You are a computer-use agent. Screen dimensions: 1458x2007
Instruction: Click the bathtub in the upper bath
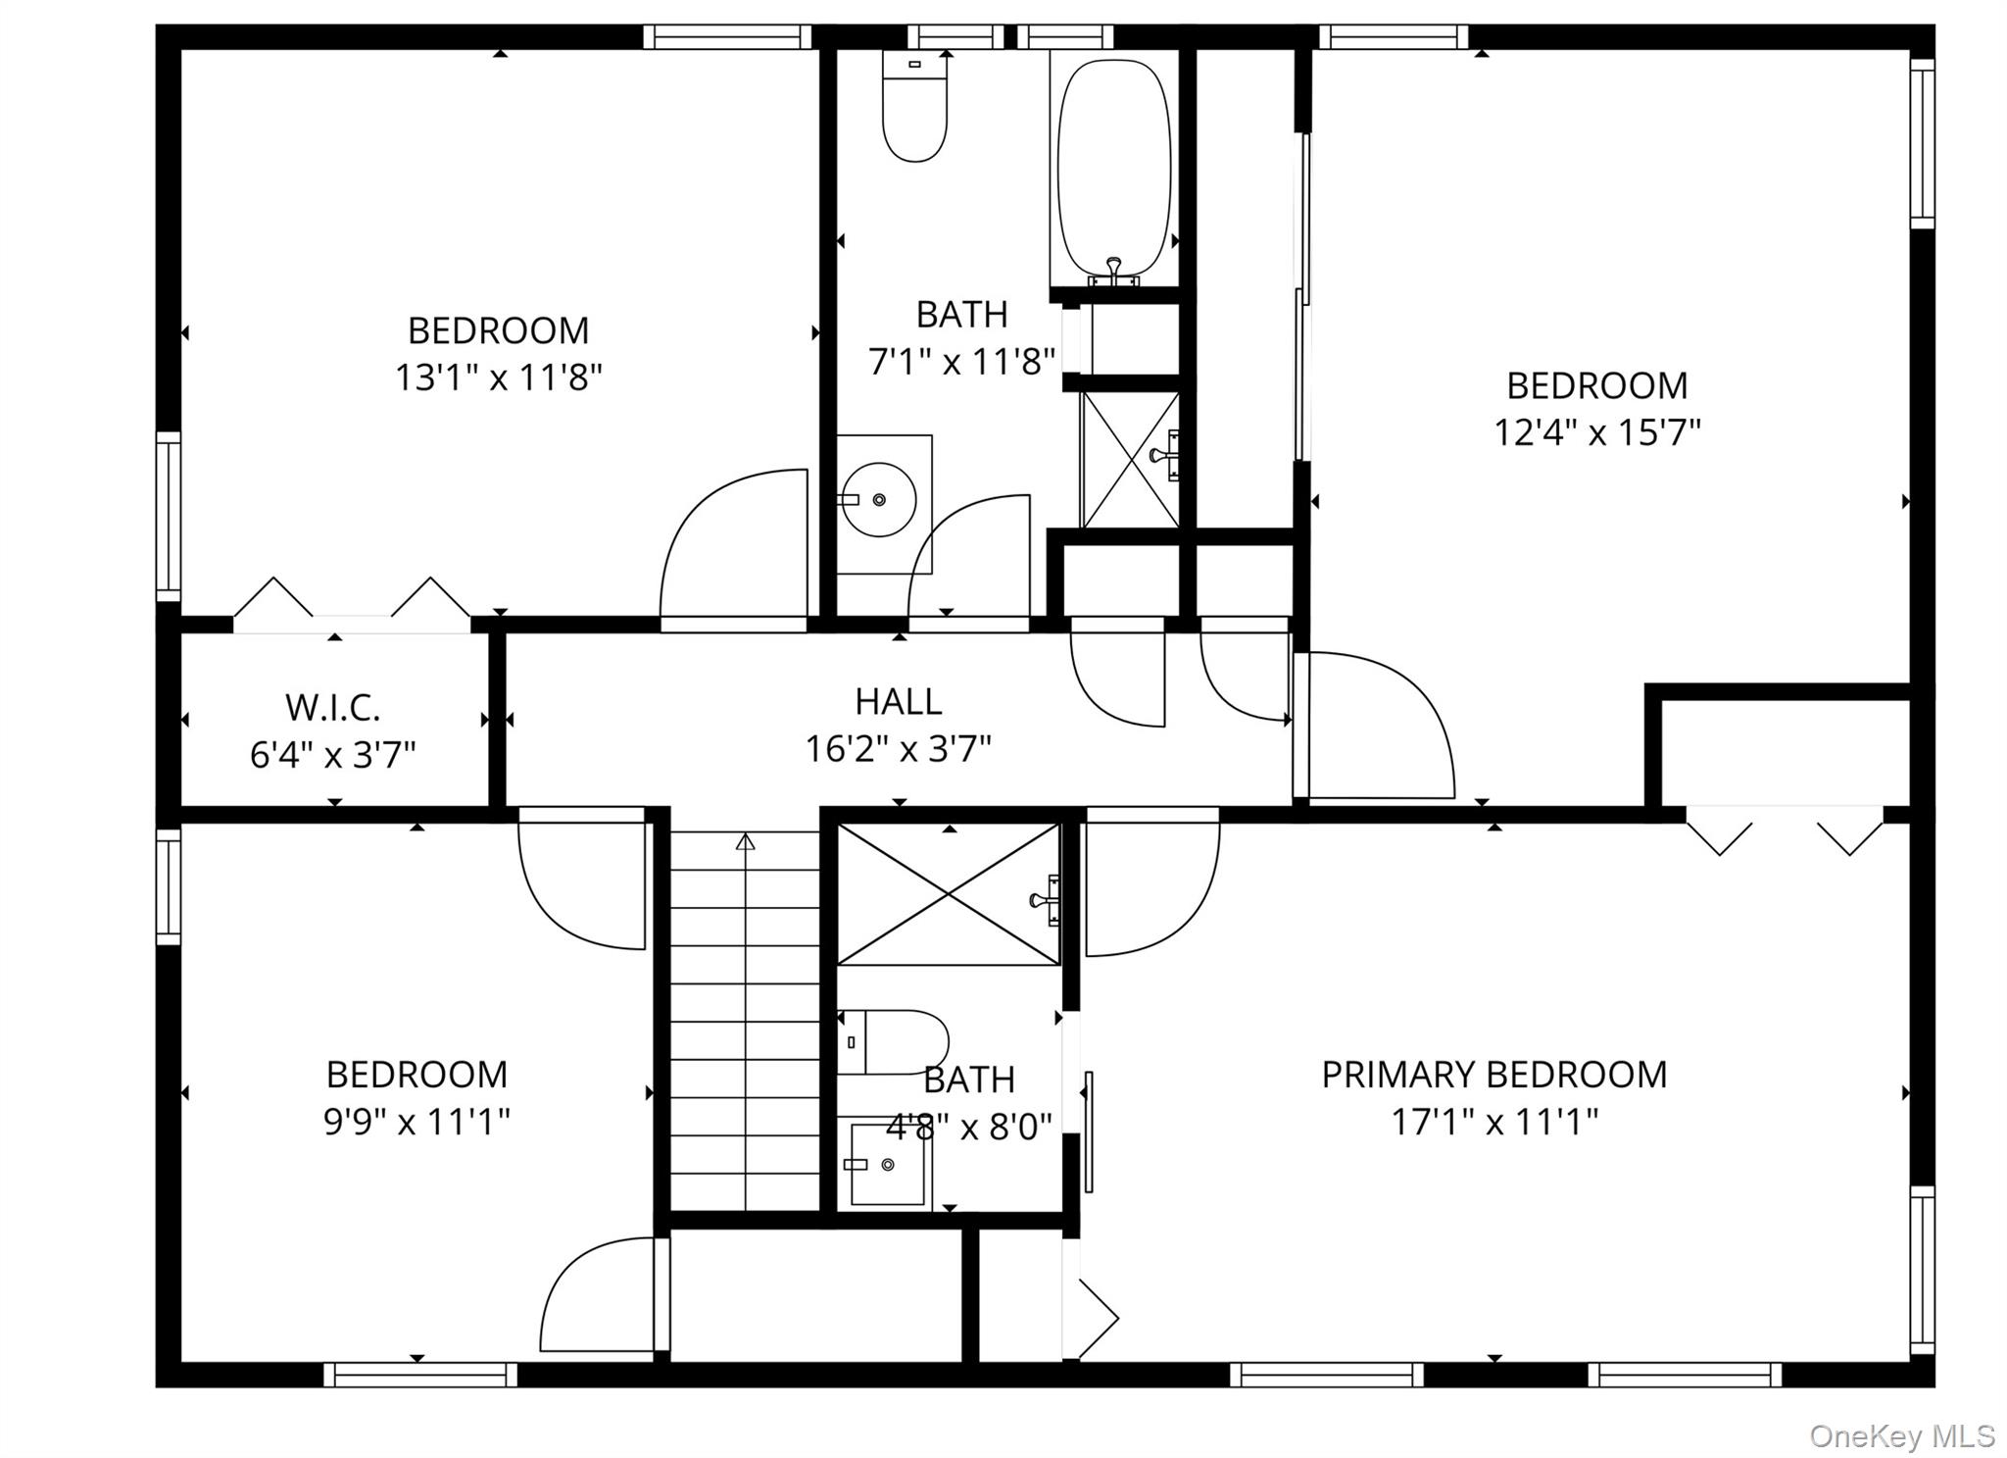coord(1114,167)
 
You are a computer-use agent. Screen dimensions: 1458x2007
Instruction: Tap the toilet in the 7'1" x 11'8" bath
coord(914,108)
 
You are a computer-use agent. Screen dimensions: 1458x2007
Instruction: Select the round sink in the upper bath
coord(879,500)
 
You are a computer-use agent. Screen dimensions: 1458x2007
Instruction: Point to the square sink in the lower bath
coord(887,1164)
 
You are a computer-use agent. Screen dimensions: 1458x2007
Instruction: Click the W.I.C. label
coord(333,707)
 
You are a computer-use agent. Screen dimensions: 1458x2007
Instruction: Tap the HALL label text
coord(898,702)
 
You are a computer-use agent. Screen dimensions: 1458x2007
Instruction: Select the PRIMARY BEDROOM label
coord(1493,1075)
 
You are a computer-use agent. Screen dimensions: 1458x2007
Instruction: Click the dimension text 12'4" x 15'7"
coord(1596,432)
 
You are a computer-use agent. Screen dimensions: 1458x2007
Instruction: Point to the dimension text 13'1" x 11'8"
coord(498,377)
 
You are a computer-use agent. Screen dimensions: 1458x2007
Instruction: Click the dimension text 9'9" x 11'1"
coord(416,1122)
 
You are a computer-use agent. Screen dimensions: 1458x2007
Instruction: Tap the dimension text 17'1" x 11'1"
coord(1493,1122)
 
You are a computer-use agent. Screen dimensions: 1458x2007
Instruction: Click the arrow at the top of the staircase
coord(746,841)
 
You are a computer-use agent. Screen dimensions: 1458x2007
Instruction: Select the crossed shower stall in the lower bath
coord(948,894)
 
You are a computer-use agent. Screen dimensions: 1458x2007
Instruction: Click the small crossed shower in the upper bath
coord(1130,460)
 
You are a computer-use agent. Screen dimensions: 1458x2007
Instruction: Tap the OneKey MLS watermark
coord(1901,1437)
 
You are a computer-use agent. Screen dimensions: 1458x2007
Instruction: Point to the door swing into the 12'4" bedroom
coord(1377,726)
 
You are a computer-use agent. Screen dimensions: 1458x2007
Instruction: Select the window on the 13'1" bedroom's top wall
coord(727,37)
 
